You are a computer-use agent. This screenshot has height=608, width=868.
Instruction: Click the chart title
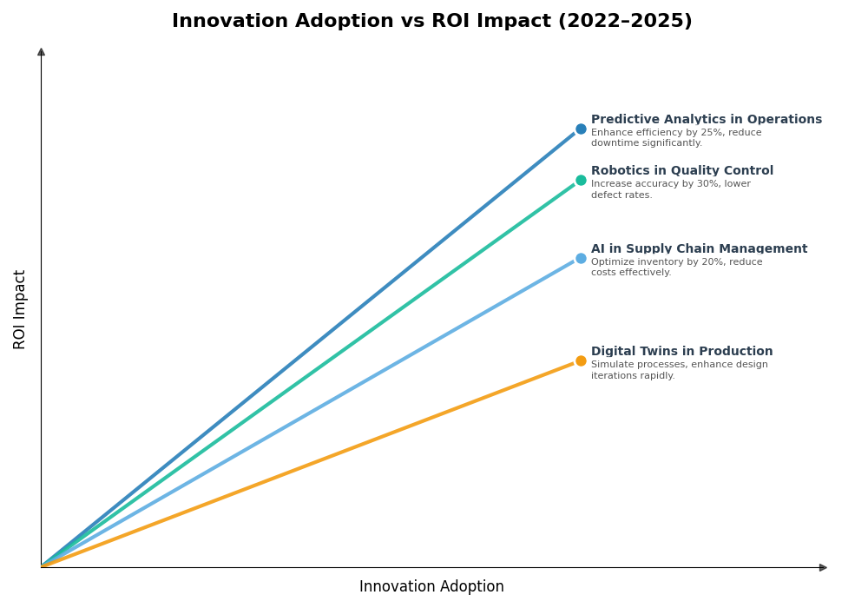click(431, 21)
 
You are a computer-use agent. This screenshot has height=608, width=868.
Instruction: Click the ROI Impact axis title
click(20, 309)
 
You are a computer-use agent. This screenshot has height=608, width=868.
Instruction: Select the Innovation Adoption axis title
click(431, 587)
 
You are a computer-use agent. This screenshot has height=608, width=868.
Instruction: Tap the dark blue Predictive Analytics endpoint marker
click(581, 129)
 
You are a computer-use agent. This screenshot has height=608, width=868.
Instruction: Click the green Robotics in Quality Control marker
click(581, 181)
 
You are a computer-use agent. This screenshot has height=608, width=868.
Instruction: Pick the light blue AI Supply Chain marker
click(581, 259)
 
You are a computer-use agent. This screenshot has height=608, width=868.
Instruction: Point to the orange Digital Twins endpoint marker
click(581, 361)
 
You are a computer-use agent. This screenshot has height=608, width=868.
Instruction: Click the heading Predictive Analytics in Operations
click(706, 120)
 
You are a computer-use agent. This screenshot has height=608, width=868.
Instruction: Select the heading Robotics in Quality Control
click(681, 171)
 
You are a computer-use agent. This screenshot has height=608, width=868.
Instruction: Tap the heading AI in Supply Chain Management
click(699, 249)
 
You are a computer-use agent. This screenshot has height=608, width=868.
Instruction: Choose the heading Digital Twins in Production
click(681, 352)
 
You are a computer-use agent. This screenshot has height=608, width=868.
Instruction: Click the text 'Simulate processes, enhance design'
click(679, 365)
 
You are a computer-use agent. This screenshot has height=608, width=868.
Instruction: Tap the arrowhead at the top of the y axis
click(41, 52)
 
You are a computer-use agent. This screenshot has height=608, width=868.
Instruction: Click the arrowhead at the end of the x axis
click(823, 567)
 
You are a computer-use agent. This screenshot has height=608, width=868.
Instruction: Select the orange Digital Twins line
click(312, 463)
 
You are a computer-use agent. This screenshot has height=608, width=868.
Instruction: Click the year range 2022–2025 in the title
click(624, 21)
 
